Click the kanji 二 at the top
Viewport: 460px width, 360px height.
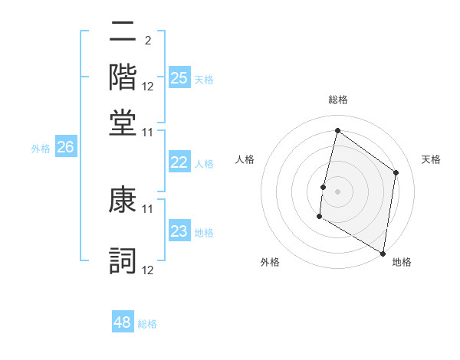123,32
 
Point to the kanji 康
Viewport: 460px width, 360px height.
123,201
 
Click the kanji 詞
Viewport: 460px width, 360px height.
123,260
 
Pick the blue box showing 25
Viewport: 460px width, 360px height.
179,77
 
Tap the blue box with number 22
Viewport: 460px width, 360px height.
179,162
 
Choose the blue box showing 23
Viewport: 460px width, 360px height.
179,231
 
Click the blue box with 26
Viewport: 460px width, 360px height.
65,148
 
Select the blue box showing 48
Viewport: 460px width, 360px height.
123,322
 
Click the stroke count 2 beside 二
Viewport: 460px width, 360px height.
147,39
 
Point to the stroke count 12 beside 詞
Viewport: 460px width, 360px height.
148,270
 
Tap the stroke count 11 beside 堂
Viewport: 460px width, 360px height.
148,131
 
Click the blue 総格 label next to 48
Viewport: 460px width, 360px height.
147,324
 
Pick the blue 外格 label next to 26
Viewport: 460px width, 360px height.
41,149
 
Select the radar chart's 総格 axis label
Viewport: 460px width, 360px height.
337,100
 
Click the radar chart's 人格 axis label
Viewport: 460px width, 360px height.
245,159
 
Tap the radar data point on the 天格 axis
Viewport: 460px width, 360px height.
396,172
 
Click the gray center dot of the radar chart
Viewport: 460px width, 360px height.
337,191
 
